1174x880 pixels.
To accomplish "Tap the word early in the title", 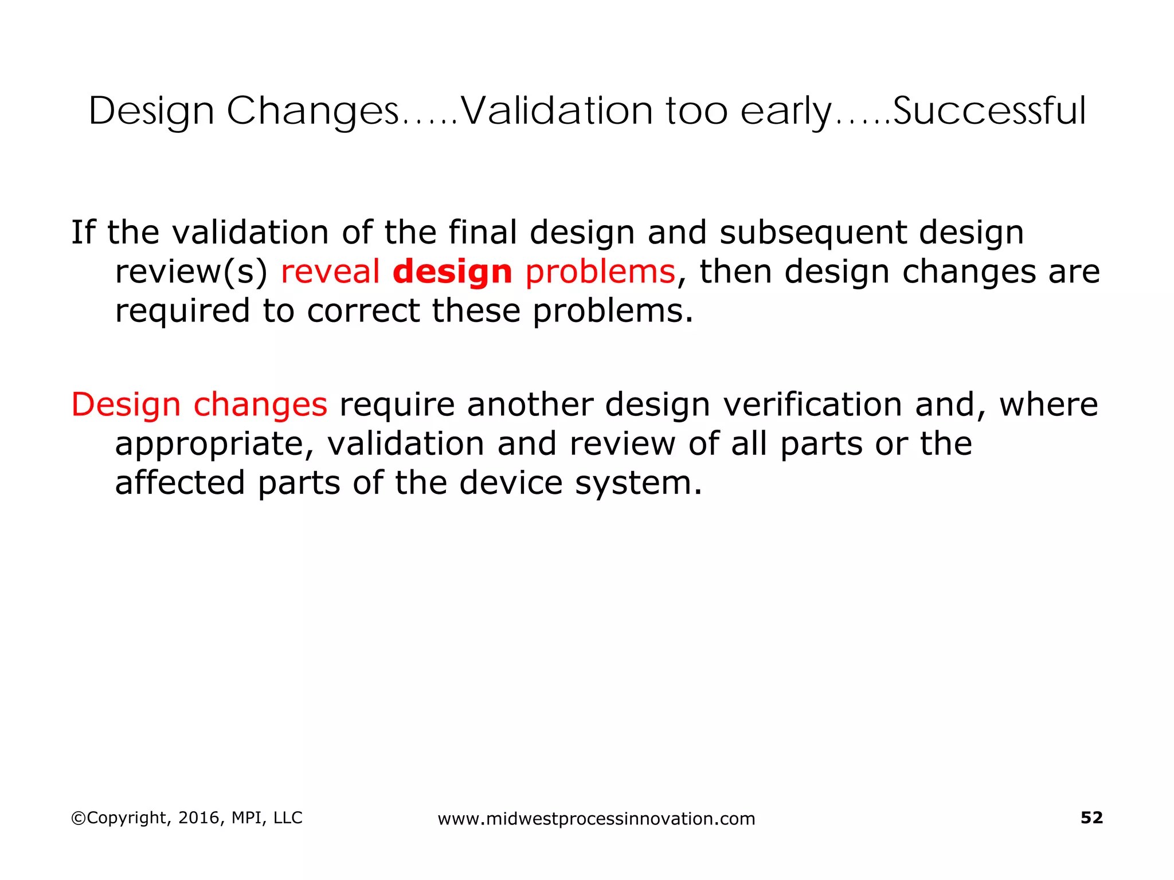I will (x=785, y=112).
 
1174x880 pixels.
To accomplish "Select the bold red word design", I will (x=452, y=271).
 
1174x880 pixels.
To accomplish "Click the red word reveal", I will (x=330, y=271).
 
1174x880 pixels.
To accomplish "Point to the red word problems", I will (x=600, y=272).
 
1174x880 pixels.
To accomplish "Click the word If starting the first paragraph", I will (x=83, y=232).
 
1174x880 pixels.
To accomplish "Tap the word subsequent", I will (x=813, y=233).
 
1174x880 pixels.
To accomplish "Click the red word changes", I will (x=260, y=405).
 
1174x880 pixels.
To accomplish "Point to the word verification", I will (x=812, y=404).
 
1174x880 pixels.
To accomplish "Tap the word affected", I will (x=180, y=482).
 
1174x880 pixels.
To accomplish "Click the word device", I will (x=511, y=482).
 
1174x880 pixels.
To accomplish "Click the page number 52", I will (x=1091, y=818).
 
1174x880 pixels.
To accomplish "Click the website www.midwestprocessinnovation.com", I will (x=596, y=819).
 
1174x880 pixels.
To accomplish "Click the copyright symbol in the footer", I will (x=78, y=818).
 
